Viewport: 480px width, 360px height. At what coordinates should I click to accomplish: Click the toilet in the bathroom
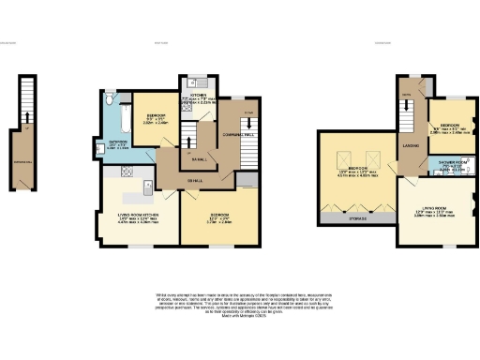click(111, 97)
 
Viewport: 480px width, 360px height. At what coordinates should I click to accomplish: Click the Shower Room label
click(451, 164)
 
